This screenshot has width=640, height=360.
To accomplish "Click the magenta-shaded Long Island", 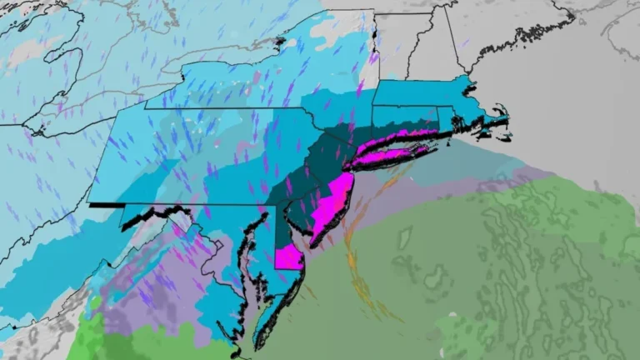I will [392, 147].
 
